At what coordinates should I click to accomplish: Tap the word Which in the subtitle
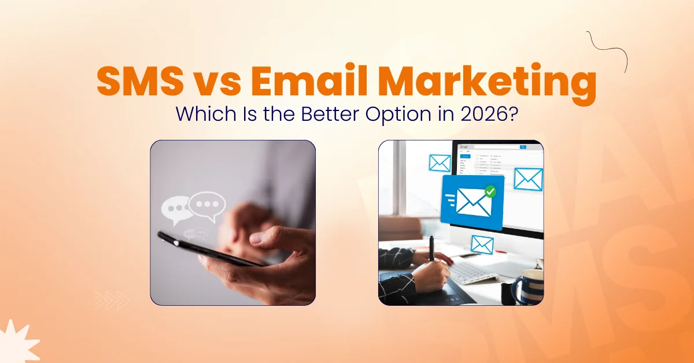[202, 114]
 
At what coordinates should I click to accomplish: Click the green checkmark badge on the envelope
[490, 191]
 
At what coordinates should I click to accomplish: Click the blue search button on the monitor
[523, 147]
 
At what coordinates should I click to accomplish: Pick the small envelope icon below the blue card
[482, 244]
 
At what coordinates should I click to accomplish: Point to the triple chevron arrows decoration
[112, 299]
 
